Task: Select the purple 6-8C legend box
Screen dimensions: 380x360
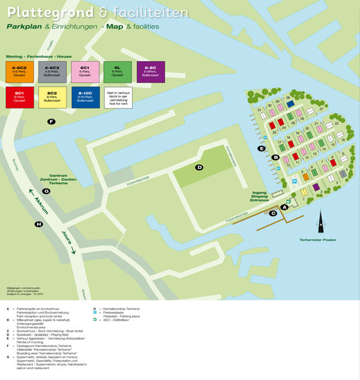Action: [151, 71]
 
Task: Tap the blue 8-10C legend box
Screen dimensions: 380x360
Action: [85, 97]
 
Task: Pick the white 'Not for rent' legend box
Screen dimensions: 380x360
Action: [118, 97]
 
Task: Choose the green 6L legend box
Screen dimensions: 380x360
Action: [118, 71]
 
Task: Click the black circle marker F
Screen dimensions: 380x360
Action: [52, 122]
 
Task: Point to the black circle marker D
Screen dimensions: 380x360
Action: [200, 167]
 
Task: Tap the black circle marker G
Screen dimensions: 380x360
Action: [46, 191]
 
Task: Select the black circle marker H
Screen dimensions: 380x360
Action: [39, 225]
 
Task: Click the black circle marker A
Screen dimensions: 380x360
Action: [285, 207]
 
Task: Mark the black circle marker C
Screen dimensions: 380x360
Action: [273, 213]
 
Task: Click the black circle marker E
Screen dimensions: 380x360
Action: [262, 148]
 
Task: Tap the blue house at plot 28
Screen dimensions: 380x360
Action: [290, 103]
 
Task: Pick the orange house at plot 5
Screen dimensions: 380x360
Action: [305, 177]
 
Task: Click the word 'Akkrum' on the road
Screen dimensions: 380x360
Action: [41, 204]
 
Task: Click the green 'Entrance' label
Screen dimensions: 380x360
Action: [259, 200]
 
